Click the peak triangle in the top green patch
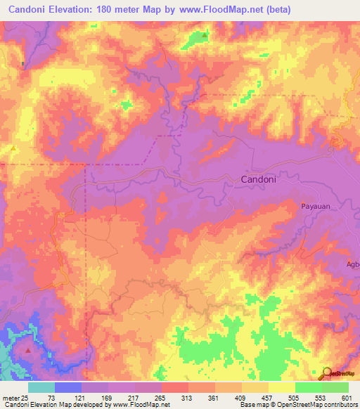205,34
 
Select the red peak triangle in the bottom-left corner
27,349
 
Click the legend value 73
51,398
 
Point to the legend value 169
119,398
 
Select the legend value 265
186,398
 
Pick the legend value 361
254,398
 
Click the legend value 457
321,398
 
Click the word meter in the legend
10,398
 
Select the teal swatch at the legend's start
41,387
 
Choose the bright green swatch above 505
309,387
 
